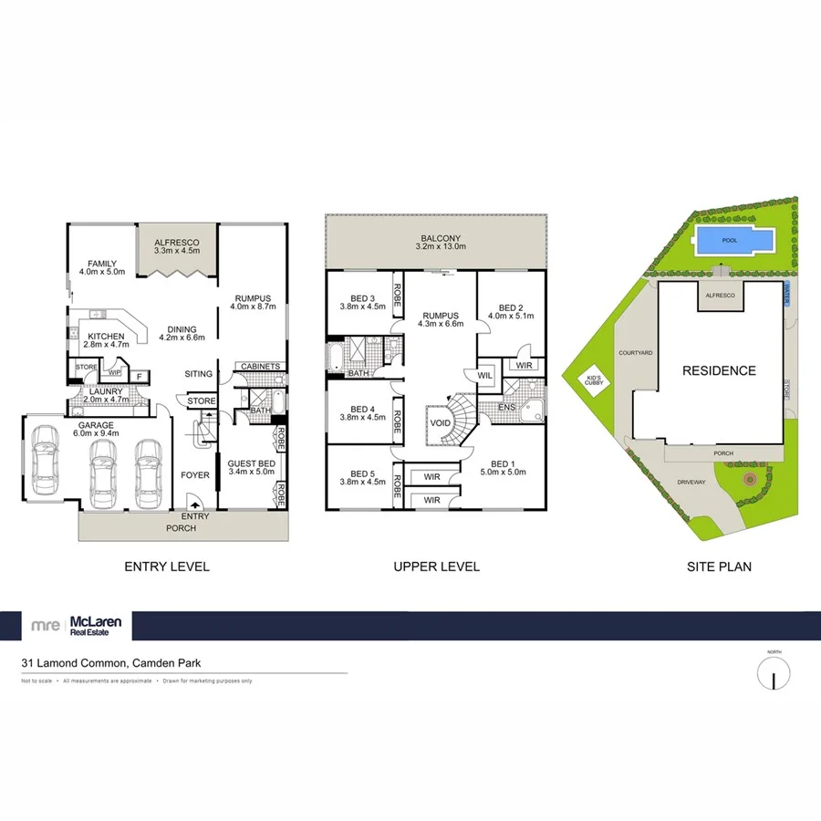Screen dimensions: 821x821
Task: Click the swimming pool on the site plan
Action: tap(733, 242)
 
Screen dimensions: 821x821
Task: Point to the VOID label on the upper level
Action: tap(441, 422)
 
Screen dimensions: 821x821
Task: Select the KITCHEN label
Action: tap(106, 336)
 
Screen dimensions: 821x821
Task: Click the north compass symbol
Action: tap(774, 676)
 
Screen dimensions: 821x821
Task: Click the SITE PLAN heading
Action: tap(719, 566)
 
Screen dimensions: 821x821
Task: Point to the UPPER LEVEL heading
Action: tap(436, 566)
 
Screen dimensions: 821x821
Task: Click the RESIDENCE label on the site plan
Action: tap(720, 370)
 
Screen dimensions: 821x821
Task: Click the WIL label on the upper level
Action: tap(483, 374)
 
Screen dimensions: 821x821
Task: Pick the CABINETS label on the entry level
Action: tap(260, 367)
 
